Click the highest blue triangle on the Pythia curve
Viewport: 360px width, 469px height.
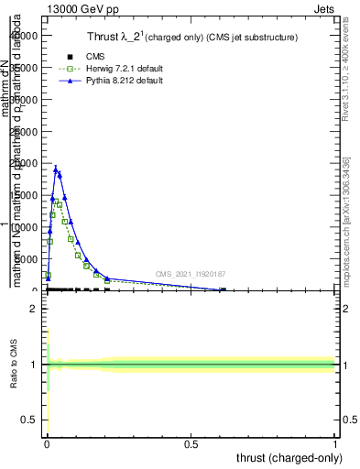(x=55, y=169)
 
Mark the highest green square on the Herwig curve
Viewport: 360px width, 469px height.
(x=54, y=200)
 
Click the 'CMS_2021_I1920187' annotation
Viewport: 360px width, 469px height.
(x=191, y=273)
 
